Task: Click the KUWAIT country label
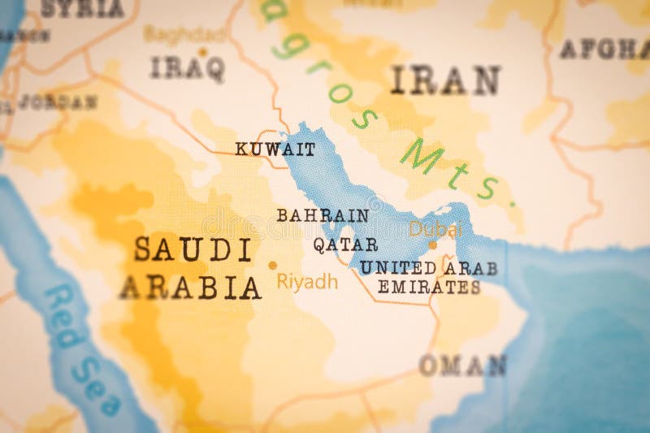(x=263, y=149)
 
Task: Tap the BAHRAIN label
(x=322, y=215)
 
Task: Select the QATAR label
(x=345, y=244)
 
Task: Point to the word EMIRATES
(x=428, y=287)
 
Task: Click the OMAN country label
(x=462, y=366)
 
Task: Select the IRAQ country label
(x=187, y=68)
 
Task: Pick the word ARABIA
(x=190, y=287)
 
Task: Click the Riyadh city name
(x=307, y=282)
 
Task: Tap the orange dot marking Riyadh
(x=272, y=265)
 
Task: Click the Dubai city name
(x=435, y=228)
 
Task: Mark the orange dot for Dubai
(x=432, y=245)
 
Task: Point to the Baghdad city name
(x=185, y=34)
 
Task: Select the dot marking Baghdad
(x=202, y=51)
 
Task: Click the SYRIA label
(x=82, y=9)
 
